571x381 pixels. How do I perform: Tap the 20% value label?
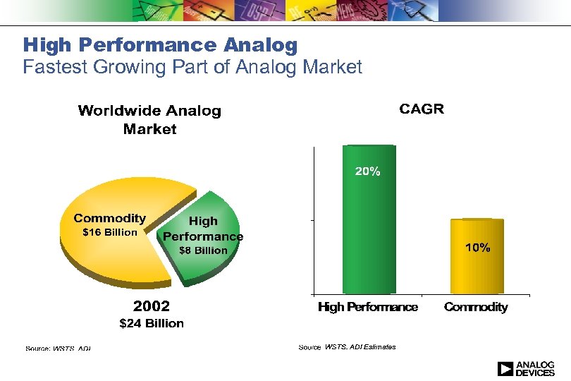click(x=367, y=171)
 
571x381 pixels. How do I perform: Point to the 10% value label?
click(x=477, y=248)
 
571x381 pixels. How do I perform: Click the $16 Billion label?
click(x=110, y=233)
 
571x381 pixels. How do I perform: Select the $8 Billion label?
click(x=203, y=250)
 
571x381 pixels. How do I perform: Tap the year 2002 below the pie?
click(x=152, y=306)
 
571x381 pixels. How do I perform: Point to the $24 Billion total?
click(x=152, y=323)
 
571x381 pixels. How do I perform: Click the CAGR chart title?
click(x=422, y=109)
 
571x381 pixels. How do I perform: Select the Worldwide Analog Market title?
click(x=149, y=119)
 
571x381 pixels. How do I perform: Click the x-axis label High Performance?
click(x=368, y=307)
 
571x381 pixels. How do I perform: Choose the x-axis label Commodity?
click(x=476, y=307)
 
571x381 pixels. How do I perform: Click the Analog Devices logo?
click(x=526, y=368)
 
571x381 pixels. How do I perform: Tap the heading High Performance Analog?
click(x=160, y=46)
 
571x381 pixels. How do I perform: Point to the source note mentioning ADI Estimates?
click(x=347, y=347)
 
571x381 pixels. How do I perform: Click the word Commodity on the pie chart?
click(x=110, y=219)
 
